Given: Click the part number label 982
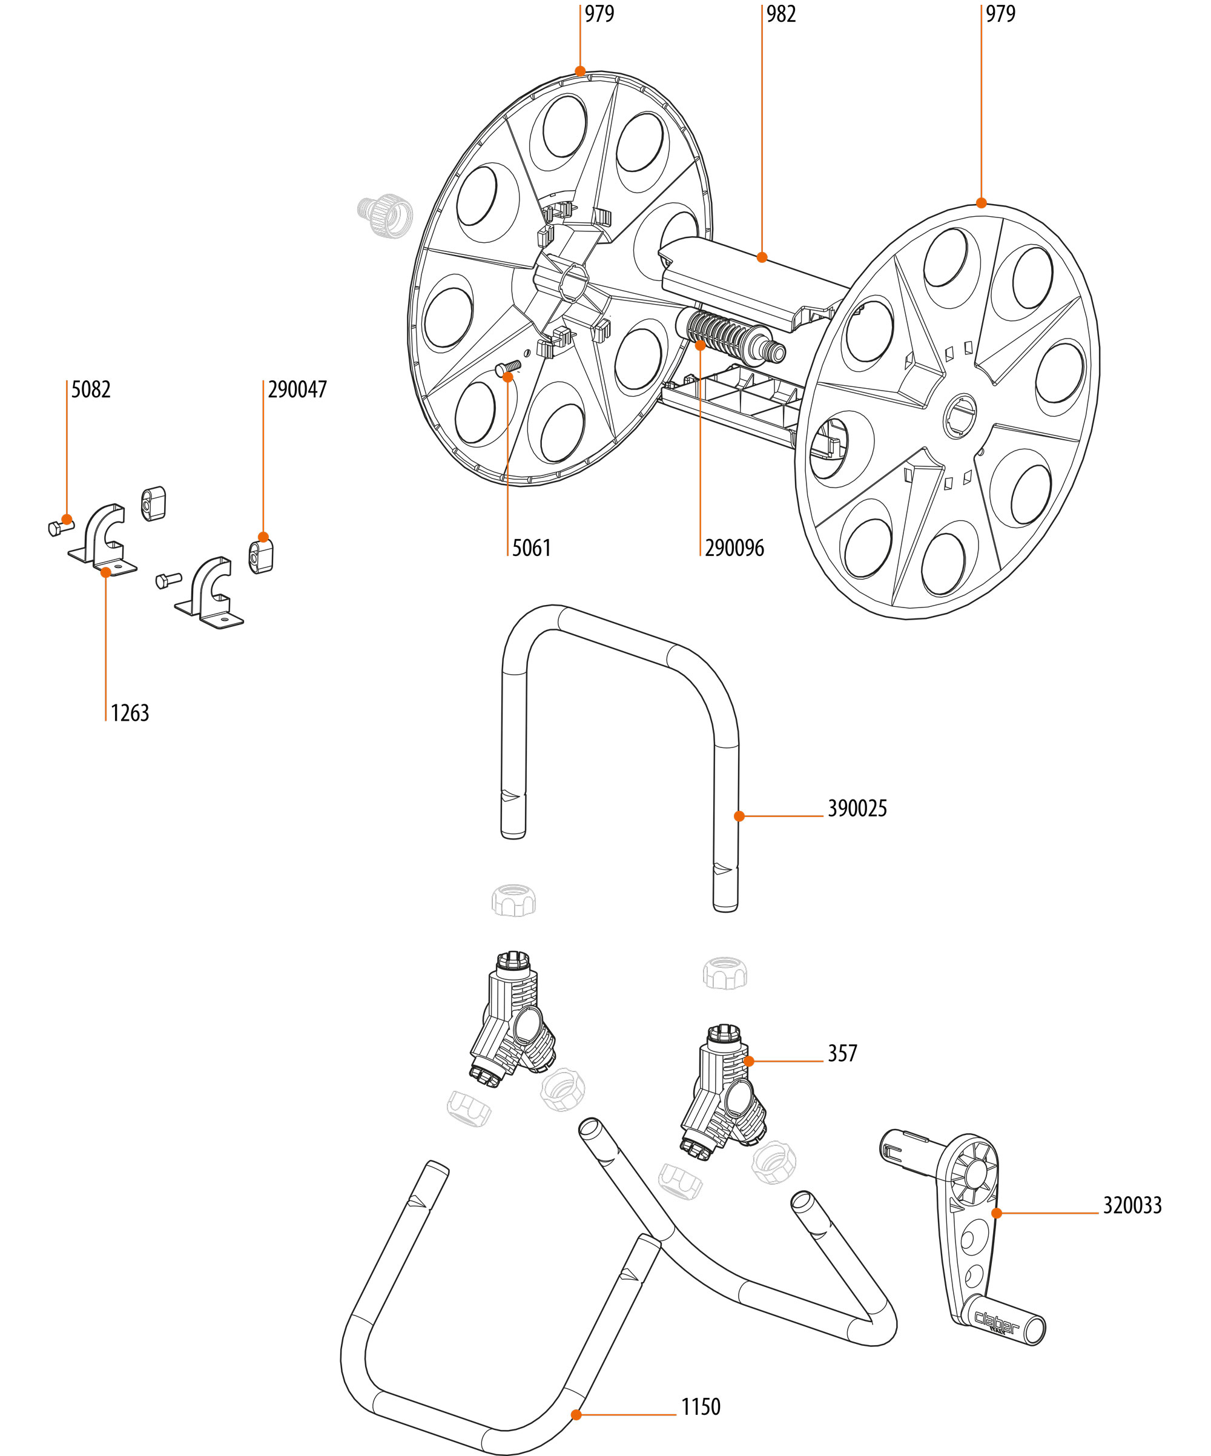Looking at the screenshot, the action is click(780, 14).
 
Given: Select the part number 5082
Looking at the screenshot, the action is click(91, 389).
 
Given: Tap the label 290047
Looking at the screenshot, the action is click(297, 389).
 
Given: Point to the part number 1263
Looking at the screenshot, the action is click(130, 713).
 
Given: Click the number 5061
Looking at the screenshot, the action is click(532, 548).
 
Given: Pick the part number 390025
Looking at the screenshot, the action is click(857, 809).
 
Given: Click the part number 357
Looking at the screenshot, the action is click(842, 1053).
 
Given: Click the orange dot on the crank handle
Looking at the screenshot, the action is click(996, 1213).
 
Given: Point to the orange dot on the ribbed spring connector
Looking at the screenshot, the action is click(700, 345).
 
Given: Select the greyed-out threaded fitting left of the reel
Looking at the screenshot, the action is click(384, 216).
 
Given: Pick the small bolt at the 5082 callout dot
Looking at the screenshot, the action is click(61, 527).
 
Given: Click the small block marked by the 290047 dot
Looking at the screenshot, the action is click(260, 556).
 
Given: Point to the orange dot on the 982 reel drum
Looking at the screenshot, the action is click(762, 257).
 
